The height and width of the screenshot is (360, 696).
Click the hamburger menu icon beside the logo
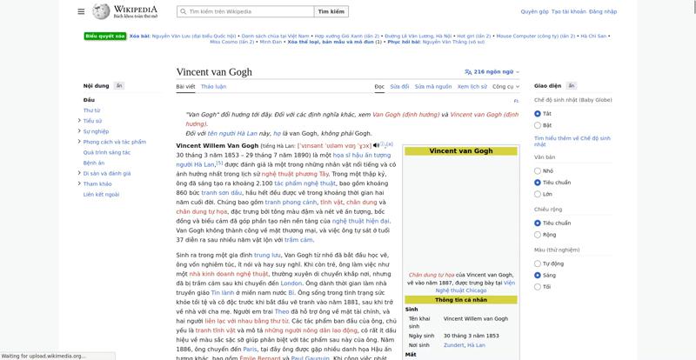point(81,12)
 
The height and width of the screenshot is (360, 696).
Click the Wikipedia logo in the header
point(130,12)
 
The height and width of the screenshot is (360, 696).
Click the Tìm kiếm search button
point(331,12)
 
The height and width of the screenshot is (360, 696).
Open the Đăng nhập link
point(603,12)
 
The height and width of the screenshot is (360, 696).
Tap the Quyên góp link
point(534,12)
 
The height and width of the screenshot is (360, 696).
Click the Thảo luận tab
point(213,87)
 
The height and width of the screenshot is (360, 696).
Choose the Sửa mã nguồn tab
point(432,87)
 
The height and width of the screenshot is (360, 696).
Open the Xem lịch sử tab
point(472,87)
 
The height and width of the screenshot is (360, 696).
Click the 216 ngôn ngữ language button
point(492,72)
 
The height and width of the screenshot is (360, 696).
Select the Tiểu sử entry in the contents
point(92,121)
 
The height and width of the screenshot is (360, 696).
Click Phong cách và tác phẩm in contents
point(114,142)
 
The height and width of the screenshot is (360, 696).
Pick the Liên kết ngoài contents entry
point(101,194)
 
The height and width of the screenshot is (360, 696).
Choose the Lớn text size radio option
point(538,194)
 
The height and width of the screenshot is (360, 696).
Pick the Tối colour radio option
point(538,286)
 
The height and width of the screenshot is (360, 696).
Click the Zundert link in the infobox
point(454,345)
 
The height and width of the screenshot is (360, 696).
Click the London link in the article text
point(291,283)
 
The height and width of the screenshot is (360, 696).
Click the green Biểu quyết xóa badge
point(105,37)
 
